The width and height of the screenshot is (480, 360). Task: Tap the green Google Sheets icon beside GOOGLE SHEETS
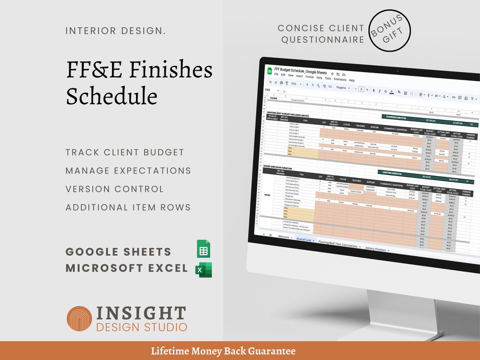[204, 249]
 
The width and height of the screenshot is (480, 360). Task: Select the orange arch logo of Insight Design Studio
[79, 318]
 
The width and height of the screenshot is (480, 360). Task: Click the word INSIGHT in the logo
[141, 313]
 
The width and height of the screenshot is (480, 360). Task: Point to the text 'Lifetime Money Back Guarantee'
[223, 351]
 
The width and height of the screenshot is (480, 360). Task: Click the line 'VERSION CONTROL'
[115, 189]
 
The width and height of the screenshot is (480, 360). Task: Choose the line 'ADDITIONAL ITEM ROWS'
[128, 207]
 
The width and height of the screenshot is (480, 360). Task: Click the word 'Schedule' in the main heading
[112, 96]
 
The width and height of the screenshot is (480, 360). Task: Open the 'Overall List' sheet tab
[304, 239]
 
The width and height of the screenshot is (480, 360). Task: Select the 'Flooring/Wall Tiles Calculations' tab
[337, 244]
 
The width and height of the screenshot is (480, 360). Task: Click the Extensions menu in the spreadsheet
[340, 80]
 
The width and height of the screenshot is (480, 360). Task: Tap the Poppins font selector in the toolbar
[341, 88]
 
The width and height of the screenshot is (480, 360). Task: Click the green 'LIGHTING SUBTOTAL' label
[392, 174]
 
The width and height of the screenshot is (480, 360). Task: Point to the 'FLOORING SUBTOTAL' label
[397, 117]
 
